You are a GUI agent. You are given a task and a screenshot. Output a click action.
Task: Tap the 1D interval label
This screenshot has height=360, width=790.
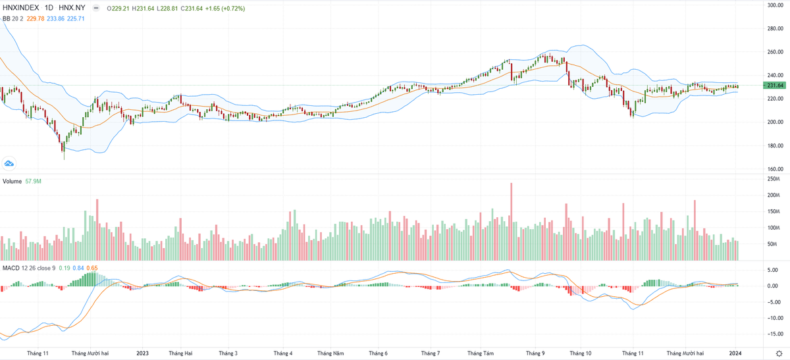coord(49,8)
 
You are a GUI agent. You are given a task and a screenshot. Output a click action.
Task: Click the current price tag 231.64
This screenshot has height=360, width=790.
coord(775,86)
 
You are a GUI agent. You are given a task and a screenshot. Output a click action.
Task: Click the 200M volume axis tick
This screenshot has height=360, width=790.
coord(774,195)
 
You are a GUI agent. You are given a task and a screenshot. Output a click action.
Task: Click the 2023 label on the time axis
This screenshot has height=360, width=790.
coord(143,353)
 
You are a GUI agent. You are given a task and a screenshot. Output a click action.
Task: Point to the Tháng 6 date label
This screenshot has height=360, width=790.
coord(379,353)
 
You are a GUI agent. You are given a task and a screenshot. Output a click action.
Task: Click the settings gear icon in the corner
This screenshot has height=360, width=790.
coord(779,353)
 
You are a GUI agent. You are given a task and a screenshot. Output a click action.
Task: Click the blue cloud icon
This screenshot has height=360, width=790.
coord(9,163)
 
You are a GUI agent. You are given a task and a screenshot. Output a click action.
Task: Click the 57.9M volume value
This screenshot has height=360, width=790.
coord(33,180)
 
